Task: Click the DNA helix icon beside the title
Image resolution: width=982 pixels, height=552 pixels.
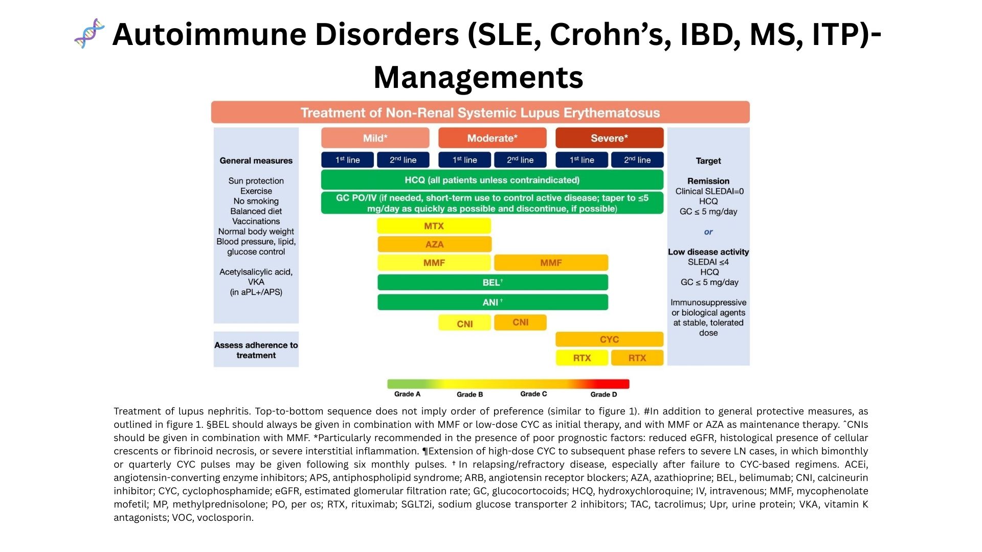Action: (90, 34)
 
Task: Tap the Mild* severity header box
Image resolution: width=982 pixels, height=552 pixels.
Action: (375, 138)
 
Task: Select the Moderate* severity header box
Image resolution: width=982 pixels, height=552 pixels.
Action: (492, 138)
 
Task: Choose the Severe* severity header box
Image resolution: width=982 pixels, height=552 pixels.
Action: (609, 138)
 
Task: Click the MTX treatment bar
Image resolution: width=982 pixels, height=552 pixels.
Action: (434, 226)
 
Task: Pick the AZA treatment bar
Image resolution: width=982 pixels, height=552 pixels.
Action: (434, 244)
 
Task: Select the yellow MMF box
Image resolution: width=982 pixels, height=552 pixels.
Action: (434, 263)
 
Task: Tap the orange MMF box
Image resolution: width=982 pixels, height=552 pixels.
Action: (551, 263)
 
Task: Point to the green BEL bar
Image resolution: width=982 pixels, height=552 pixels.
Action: (493, 282)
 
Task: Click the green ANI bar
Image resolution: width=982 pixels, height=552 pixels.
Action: (493, 302)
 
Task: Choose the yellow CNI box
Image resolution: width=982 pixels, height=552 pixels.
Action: (464, 324)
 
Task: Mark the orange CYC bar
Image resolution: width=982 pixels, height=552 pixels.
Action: (609, 339)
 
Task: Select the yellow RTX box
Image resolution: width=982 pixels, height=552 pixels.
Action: (582, 358)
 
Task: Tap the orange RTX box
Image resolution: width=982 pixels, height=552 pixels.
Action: (637, 358)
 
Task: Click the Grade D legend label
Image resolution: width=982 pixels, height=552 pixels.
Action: (604, 394)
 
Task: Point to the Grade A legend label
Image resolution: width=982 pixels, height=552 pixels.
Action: (407, 394)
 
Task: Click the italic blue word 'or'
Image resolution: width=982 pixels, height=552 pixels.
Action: (708, 232)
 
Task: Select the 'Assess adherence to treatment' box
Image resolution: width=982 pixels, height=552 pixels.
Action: (256, 350)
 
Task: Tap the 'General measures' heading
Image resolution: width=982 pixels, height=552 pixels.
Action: (256, 160)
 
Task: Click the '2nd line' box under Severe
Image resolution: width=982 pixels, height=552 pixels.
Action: (637, 160)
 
